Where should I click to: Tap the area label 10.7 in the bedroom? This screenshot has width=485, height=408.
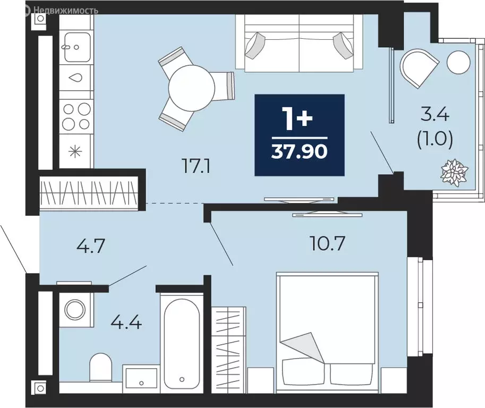(x=327, y=244)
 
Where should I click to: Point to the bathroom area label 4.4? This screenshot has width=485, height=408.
(x=126, y=321)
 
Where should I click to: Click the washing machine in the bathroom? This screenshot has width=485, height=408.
(x=74, y=309)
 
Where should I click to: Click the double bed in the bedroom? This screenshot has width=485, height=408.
(x=327, y=329)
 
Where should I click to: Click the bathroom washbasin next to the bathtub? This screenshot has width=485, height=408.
(x=141, y=377)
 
